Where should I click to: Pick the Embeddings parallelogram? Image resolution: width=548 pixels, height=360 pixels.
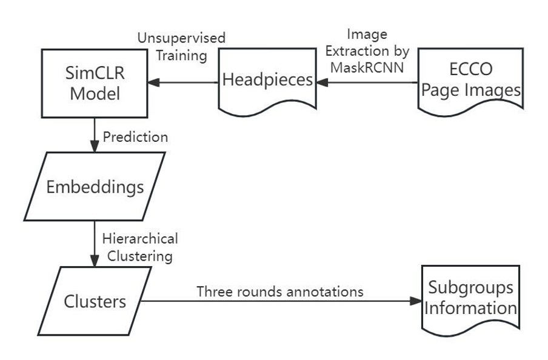click(x=95, y=186)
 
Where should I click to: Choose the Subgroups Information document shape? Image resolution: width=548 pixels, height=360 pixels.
click(x=470, y=299)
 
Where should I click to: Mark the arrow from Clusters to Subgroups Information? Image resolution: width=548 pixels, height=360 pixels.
click(x=279, y=301)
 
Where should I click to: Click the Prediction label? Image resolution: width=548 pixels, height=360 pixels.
click(x=135, y=137)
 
